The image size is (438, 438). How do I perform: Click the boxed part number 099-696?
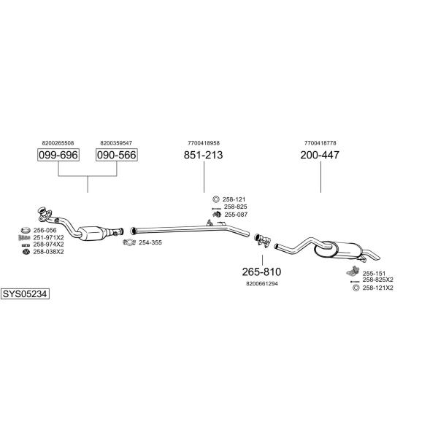(58, 155)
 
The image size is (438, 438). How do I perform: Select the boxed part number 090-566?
(117, 155)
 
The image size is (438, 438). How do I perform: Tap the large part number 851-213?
(204, 155)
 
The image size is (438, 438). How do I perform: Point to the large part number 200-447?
(320, 155)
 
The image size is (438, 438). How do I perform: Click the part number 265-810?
(262, 272)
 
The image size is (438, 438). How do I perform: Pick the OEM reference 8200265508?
(58, 143)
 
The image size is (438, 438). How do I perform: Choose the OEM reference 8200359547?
(116, 143)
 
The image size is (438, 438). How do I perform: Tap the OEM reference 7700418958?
(204, 143)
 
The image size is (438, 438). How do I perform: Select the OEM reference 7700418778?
(320, 143)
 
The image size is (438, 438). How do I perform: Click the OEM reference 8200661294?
(262, 284)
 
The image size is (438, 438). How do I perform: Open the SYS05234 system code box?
(25, 294)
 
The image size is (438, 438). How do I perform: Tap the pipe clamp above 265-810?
(262, 240)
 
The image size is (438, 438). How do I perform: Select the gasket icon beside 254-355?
(129, 242)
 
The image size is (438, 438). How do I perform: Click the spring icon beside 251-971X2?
(24, 238)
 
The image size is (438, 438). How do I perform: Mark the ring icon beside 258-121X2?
(356, 288)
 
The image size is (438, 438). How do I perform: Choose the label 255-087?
(236, 215)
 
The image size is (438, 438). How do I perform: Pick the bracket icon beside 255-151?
(353, 271)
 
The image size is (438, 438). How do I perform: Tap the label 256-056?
(45, 231)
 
